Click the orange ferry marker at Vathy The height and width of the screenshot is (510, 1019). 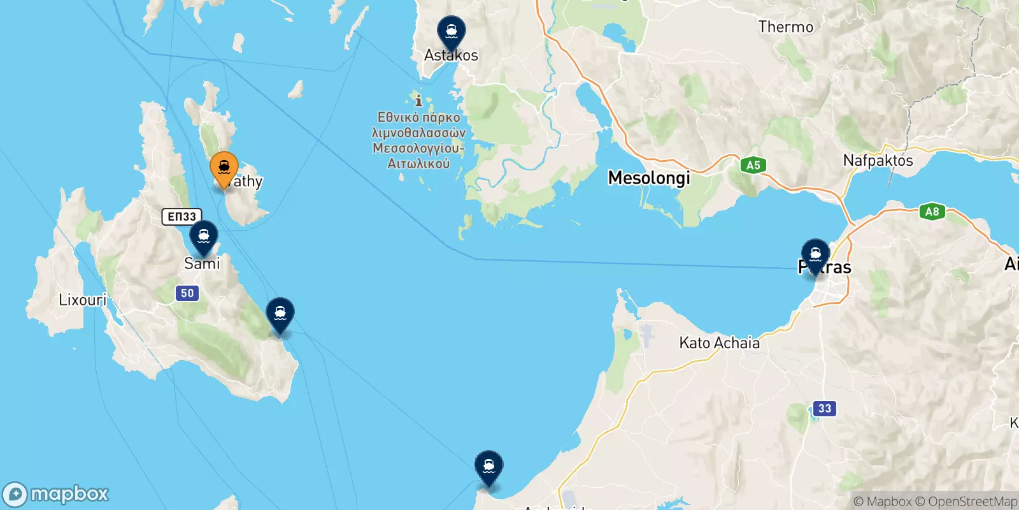224,168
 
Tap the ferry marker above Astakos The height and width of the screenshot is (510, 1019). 451,32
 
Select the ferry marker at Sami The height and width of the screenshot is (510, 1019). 204,237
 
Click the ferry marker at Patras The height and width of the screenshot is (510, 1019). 815,255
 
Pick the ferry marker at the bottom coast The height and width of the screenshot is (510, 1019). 488,467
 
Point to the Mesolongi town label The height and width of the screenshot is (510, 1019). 648,178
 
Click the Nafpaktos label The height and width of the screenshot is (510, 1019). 878,161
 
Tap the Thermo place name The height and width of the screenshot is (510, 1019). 785,27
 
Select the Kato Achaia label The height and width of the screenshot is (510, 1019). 719,343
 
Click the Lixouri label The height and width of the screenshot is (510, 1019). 83,300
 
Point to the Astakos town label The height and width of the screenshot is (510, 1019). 451,55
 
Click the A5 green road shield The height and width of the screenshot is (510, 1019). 753,166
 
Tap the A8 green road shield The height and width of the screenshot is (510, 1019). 932,212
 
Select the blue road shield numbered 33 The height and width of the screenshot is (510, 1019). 825,409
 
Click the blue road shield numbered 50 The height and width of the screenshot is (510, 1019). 187,293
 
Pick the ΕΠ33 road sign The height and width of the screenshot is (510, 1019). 182,217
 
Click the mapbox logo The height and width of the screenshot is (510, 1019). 55,494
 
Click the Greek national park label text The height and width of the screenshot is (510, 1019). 418,140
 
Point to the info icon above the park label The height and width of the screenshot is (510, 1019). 418,101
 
